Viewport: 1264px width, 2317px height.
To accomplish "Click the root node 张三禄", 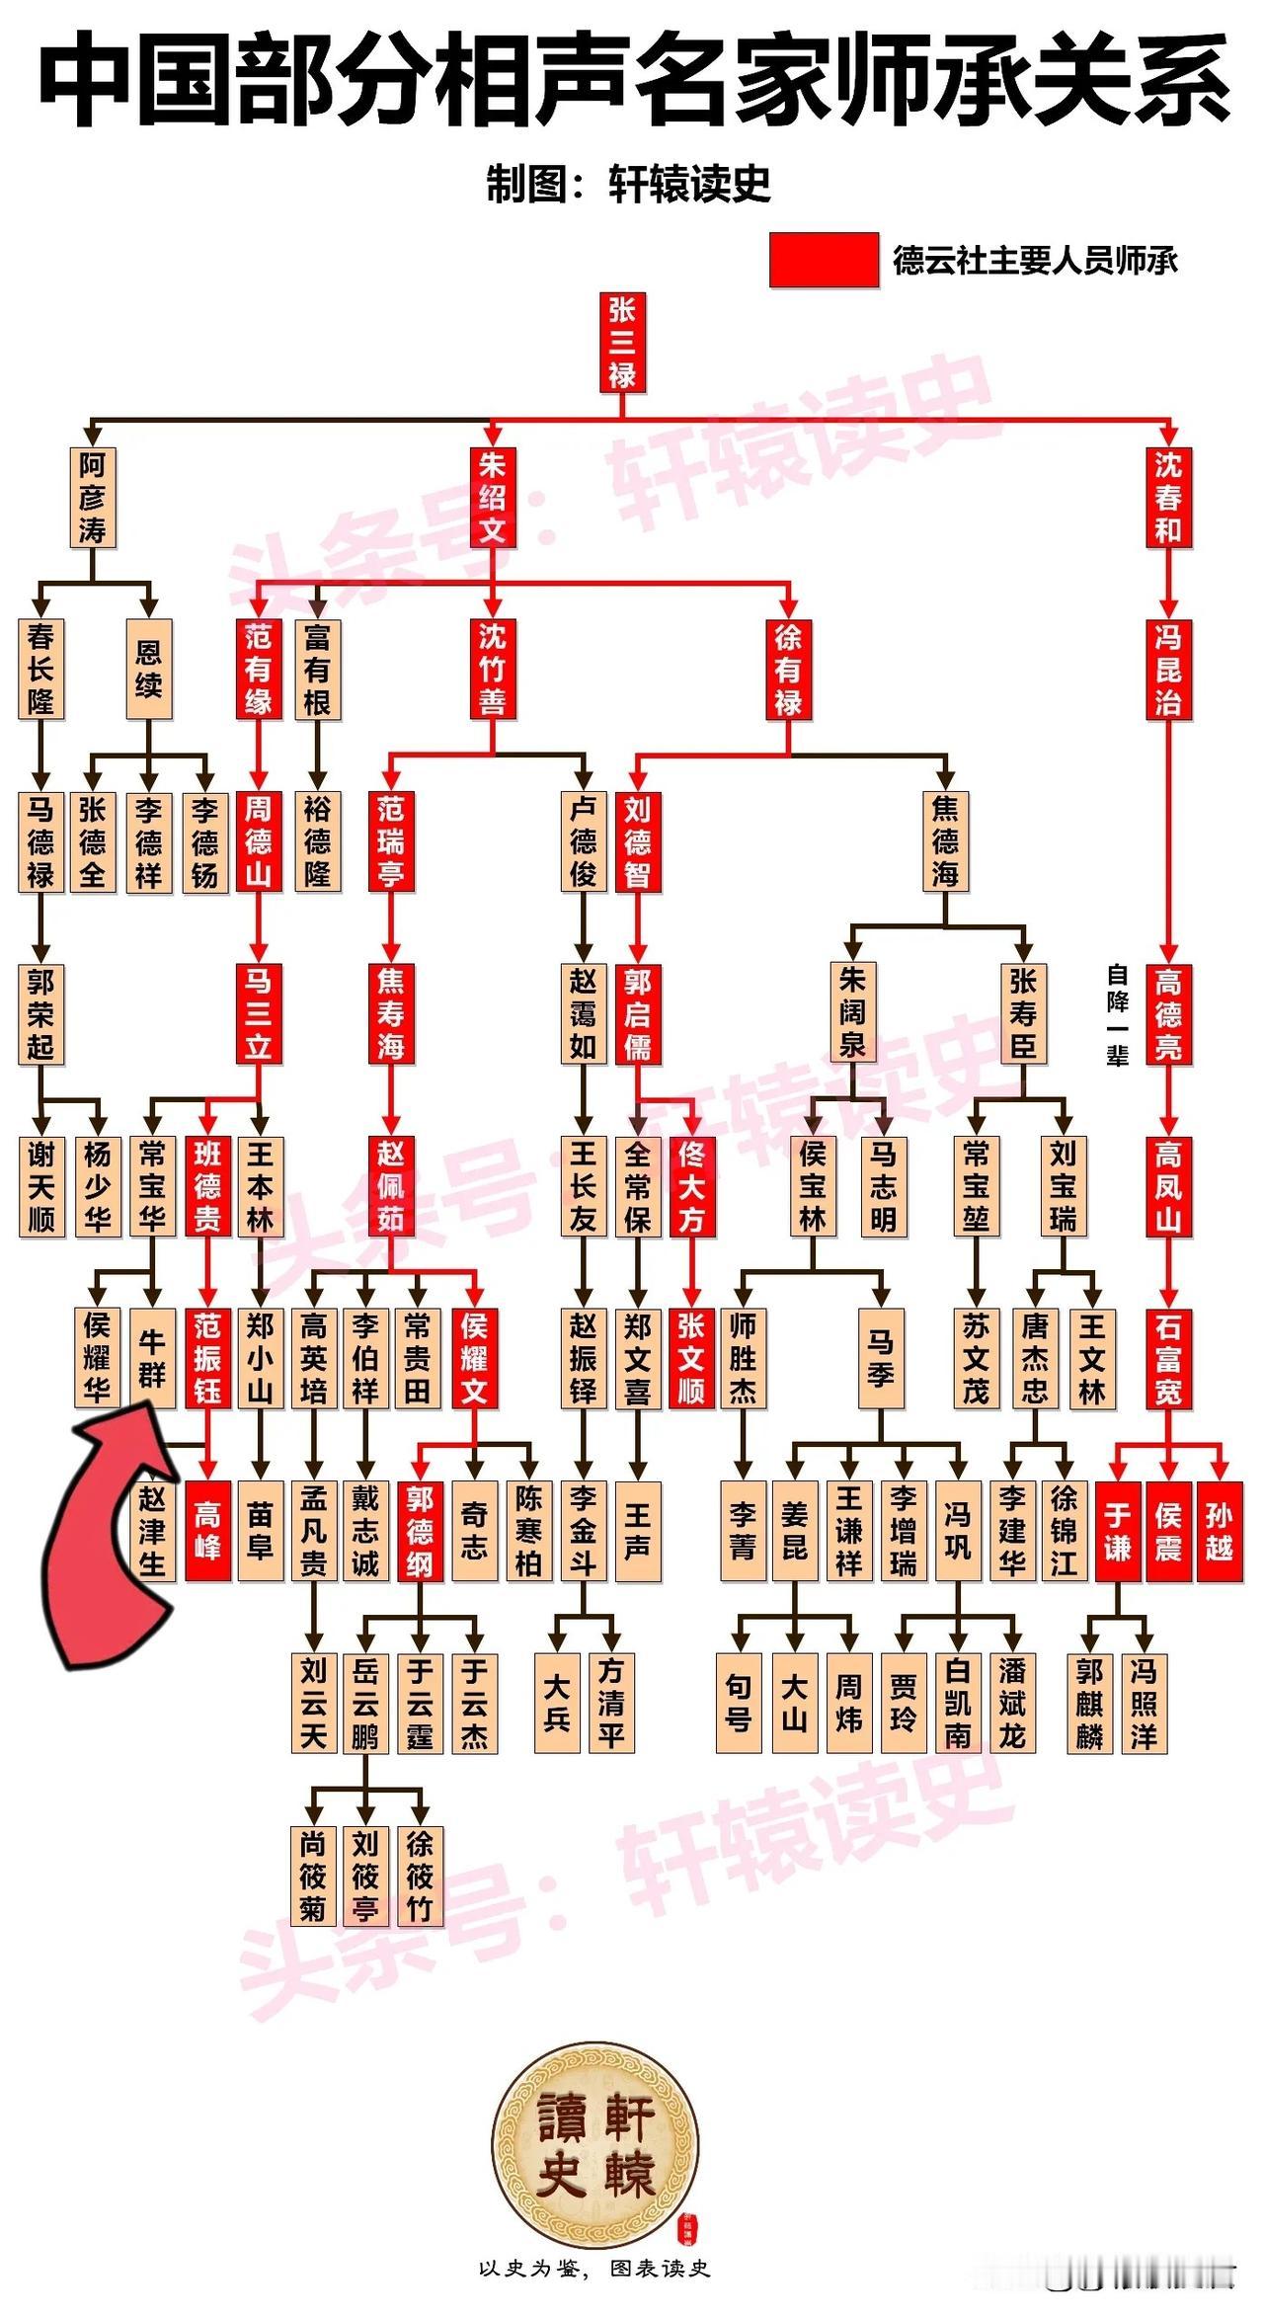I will click(622, 342).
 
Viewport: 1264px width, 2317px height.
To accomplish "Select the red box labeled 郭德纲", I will click(420, 1531).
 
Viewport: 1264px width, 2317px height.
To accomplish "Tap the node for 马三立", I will click(258, 1013).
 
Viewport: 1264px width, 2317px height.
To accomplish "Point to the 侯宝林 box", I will click(813, 1185).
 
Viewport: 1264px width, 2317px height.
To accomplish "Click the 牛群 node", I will click(152, 1357).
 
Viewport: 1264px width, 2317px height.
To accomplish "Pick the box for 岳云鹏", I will click(365, 1704).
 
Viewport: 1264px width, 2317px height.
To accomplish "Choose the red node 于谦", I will click(1117, 1531).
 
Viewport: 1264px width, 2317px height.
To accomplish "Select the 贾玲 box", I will click(904, 1704).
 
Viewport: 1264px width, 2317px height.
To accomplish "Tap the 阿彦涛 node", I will click(93, 497).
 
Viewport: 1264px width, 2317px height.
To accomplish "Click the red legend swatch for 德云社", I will click(824, 260).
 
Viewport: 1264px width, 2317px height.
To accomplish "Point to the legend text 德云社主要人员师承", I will click(1035, 261).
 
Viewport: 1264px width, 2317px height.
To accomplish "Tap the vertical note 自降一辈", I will click(1117, 1015).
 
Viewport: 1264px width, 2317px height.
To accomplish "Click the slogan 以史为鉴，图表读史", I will click(594, 2269).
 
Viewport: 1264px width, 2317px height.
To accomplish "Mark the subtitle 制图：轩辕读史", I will click(628, 184).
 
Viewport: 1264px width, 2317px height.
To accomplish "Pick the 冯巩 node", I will click(957, 1531).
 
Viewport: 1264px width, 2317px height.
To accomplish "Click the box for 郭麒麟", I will click(1090, 1704).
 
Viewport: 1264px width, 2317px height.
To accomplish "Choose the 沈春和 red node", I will click(1167, 497).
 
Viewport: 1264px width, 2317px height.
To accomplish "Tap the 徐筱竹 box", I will click(420, 1876).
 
